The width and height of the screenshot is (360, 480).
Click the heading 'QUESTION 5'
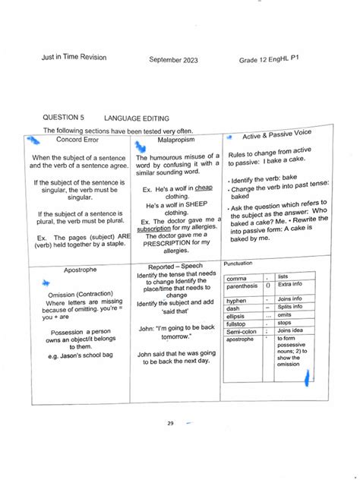click(64, 118)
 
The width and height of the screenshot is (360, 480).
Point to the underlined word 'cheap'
click(203, 188)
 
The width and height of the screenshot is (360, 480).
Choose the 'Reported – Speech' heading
click(176, 267)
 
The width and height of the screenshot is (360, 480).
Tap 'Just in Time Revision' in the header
click(74, 57)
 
